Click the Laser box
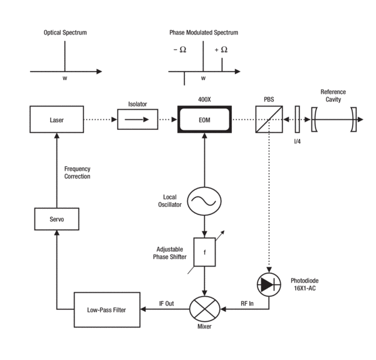(x=57, y=119)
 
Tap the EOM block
(x=203, y=119)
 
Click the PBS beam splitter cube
(x=269, y=119)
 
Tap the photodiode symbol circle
(x=269, y=284)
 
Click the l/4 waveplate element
(x=298, y=119)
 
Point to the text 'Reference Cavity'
(x=333, y=95)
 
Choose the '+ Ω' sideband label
(x=220, y=50)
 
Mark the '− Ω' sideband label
(x=179, y=50)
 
